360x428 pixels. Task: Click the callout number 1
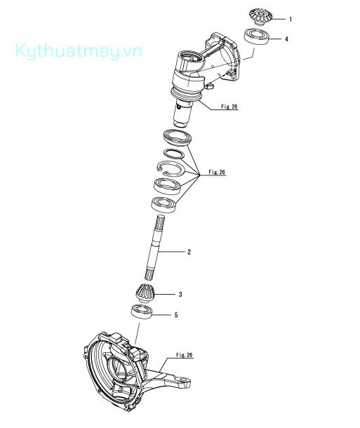(291, 20)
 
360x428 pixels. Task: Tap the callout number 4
(286, 39)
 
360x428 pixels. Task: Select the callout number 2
(189, 252)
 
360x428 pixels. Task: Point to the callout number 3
(180, 294)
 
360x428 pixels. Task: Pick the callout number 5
(176, 315)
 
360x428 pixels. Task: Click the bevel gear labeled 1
(260, 17)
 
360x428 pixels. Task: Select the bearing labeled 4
(257, 36)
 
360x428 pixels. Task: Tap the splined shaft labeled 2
(155, 247)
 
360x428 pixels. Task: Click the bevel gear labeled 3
(145, 293)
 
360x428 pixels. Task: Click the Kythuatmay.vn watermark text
(79, 51)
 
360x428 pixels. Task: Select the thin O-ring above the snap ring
(174, 154)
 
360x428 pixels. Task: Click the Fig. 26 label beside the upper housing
(229, 107)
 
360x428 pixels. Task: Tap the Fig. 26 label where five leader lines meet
(217, 172)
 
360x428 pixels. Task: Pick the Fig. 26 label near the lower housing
(185, 355)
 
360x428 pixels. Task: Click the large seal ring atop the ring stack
(179, 137)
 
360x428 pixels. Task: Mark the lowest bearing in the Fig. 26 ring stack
(164, 204)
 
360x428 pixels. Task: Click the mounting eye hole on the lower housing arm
(185, 380)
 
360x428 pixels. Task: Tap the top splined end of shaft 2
(161, 222)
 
